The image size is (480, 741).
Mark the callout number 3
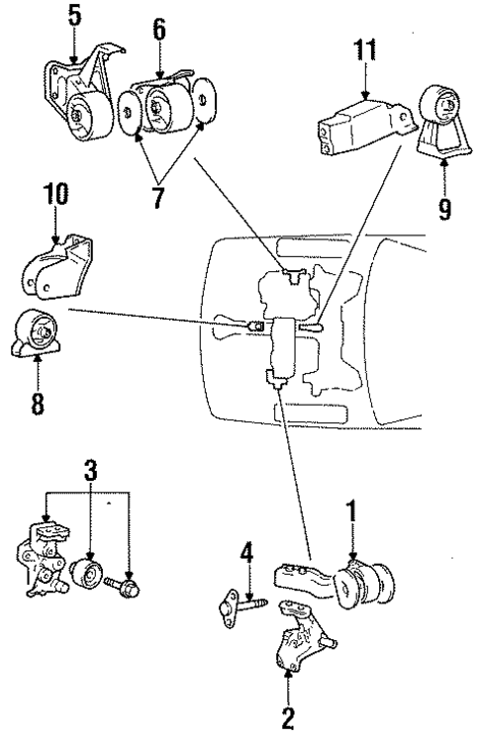click(x=90, y=469)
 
